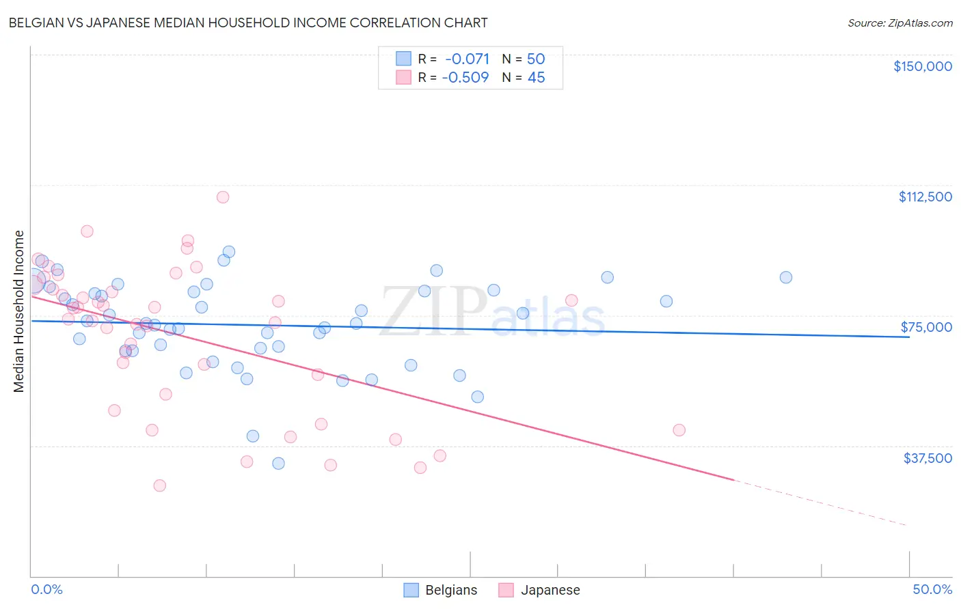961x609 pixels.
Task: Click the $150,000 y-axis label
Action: (922, 66)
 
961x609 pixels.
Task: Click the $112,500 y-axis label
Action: (925, 197)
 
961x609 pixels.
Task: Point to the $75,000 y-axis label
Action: (926, 327)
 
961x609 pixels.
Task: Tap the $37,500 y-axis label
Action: (928, 458)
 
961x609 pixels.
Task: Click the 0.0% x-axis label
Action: (46, 589)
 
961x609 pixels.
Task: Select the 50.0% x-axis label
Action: (932, 589)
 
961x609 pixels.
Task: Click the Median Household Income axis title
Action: (19, 311)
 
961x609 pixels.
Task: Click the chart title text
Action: (248, 23)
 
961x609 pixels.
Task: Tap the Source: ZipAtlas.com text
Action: (899, 23)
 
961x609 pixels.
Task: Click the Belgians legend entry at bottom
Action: (440, 590)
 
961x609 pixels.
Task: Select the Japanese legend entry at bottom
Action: (539, 590)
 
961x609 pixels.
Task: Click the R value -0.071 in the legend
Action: (467, 59)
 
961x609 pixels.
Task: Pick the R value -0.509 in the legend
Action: (465, 77)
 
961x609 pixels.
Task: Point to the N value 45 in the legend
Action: (536, 77)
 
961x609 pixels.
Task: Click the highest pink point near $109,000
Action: (223, 197)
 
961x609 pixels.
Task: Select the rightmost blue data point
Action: (786, 277)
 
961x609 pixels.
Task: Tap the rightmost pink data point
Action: (679, 430)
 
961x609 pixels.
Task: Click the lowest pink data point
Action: (159, 485)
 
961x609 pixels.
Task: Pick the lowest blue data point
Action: (278, 464)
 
